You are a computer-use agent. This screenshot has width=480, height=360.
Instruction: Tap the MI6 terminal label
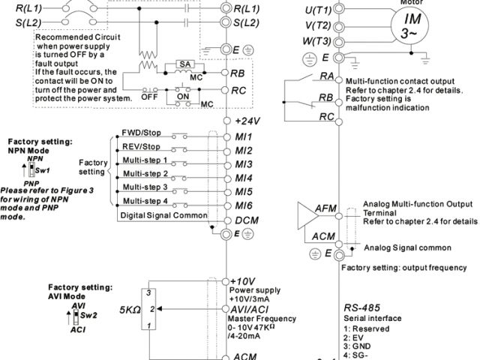[x=242, y=205]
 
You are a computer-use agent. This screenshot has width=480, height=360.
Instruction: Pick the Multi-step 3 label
[x=144, y=187]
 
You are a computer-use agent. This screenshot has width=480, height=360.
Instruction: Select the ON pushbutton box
[x=182, y=97]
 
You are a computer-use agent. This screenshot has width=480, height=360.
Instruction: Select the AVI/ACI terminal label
[x=252, y=307]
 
